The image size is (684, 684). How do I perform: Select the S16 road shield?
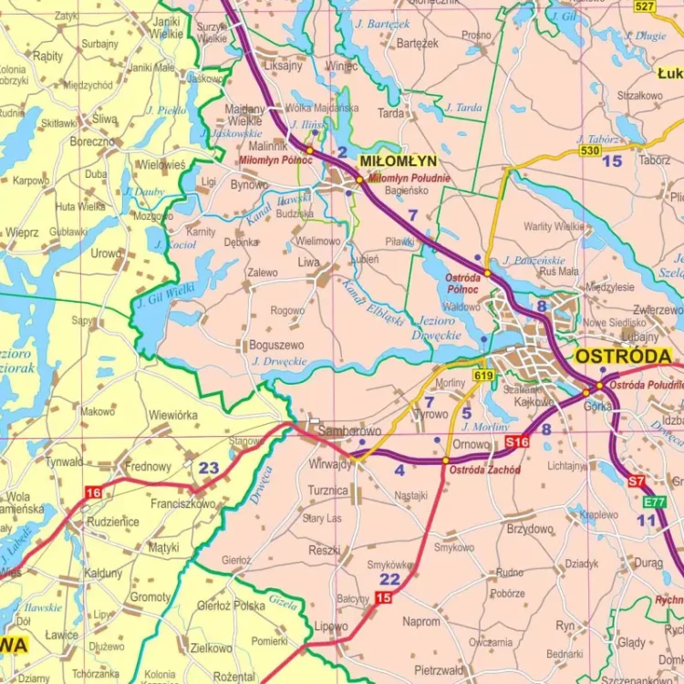pyautogui.click(x=516, y=442)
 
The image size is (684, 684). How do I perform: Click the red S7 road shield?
pyautogui.click(x=637, y=481)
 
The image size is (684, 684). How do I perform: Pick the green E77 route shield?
pyautogui.click(x=653, y=502)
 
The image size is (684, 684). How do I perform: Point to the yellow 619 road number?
pyautogui.click(x=482, y=375)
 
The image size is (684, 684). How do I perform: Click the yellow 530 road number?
pyautogui.click(x=589, y=150)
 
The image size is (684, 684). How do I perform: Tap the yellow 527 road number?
pyautogui.click(x=645, y=6)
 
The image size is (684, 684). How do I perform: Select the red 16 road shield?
pyautogui.click(x=92, y=492)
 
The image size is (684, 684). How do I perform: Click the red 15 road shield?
pyautogui.click(x=383, y=597)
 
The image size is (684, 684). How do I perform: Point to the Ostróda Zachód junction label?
pyautogui.click(x=484, y=470)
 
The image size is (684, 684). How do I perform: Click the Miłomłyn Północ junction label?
pyautogui.click(x=275, y=161)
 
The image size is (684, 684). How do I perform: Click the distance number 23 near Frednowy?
pyautogui.click(x=209, y=468)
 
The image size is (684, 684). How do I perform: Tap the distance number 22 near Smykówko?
pyautogui.click(x=389, y=579)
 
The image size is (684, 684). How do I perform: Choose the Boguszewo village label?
pyautogui.click(x=276, y=346)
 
